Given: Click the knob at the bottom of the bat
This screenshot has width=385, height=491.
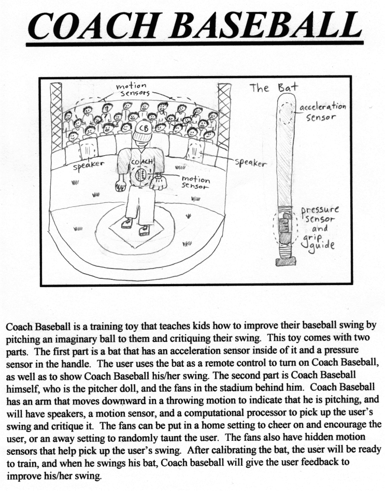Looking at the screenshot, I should [286, 262].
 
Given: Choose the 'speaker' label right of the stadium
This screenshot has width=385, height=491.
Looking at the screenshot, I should [251, 162].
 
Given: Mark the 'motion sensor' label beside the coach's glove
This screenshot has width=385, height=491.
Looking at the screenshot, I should [195, 183].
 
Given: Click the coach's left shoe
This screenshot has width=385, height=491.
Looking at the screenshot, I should [126, 224].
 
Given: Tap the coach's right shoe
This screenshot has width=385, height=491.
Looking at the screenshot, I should [144, 230].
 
